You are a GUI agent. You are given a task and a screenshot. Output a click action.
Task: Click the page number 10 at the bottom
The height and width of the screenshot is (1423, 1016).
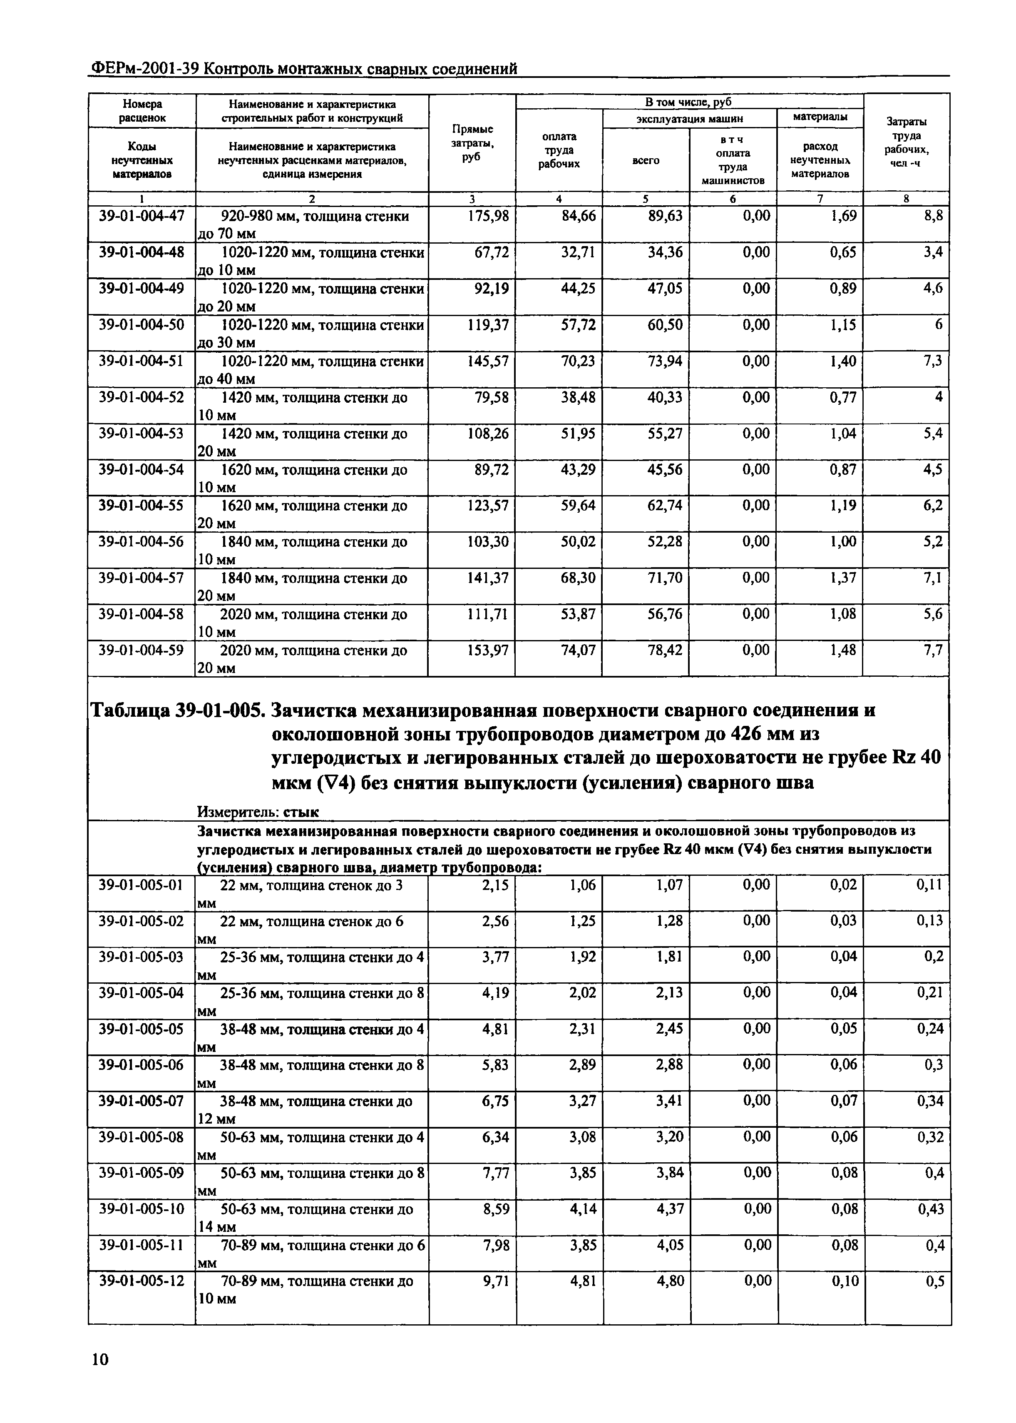[99, 1359]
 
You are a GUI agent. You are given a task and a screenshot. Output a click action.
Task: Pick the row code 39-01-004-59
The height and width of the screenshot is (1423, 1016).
[142, 651]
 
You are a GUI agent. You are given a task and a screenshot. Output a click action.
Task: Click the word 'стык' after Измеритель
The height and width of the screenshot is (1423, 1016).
[301, 812]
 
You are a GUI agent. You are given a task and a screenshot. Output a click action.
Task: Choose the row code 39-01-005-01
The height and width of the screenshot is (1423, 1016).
[142, 885]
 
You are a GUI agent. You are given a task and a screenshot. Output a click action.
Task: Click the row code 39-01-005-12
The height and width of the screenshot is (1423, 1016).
[142, 1281]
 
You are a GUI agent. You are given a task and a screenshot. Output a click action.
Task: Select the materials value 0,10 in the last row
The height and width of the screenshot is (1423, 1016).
[844, 1281]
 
